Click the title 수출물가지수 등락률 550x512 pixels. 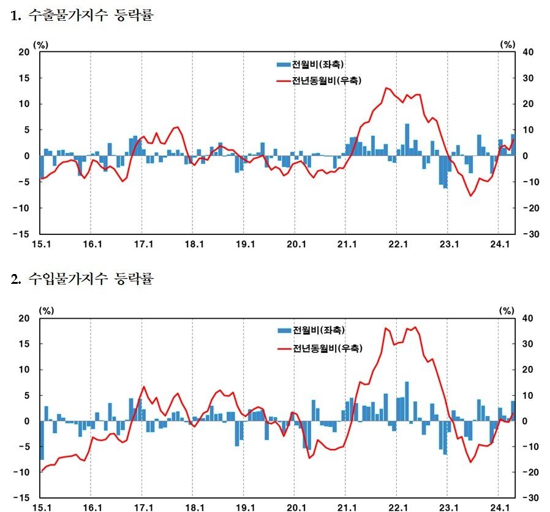(83, 16)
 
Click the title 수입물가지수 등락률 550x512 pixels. (83, 280)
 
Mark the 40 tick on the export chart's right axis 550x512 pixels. (529, 52)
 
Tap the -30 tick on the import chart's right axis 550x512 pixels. (529, 497)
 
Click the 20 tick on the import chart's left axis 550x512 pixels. (24, 318)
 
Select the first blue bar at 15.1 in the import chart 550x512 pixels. (42, 440)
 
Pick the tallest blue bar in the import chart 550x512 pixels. (407, 401)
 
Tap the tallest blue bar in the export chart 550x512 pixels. (407, 139)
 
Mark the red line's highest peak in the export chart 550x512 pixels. (386, 88)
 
